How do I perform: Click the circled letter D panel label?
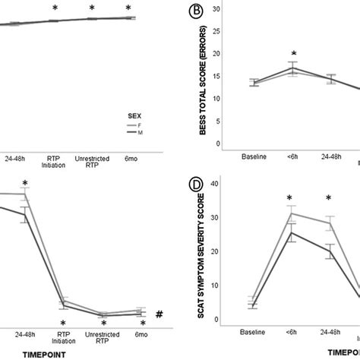197,185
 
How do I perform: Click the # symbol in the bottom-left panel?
159,314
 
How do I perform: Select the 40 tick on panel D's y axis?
215,183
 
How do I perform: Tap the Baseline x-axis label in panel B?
253,156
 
